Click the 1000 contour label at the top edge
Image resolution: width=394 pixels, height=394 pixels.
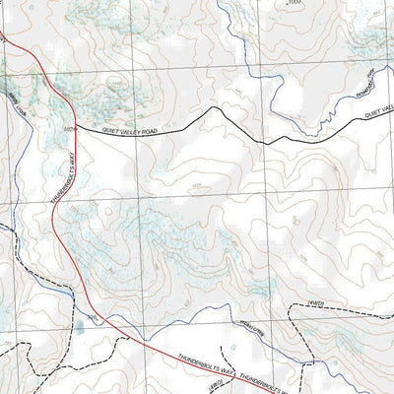(x=292, y=3)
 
